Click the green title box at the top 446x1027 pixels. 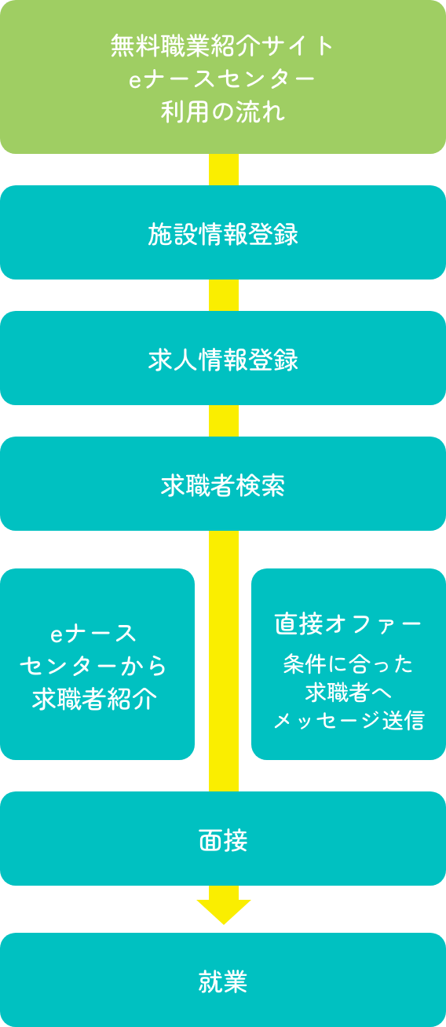click(x=223, y=77)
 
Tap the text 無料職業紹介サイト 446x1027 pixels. click(x=222, y=46)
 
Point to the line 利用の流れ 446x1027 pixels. click(x=223, y=111)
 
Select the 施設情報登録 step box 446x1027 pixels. click(x=223, y=232)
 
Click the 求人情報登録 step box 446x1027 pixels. click(x=223, y=358)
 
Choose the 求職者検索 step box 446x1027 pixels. click(x=223, y=484)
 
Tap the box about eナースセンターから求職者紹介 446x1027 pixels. click(x=97, y=664)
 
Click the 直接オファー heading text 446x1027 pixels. click(x=348, y=624)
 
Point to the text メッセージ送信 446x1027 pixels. click(x=349, y=720)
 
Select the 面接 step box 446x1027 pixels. click(x=223, y=839)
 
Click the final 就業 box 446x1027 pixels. click(x=223, y=980)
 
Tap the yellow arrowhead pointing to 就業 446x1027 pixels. click(x=224, y=911)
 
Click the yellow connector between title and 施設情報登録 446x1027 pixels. click(x=224, y=170)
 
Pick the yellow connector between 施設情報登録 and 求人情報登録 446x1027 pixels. click(x=224, y=295)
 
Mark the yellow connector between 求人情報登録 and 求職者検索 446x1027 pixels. click(x=224, y=421)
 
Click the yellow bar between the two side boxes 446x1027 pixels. click(x=224, y=661)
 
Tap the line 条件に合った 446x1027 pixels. click(x=348, y=664)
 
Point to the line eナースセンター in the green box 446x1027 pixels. click(x=222, y=79)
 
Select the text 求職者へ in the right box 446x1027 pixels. click(x=349, y=693)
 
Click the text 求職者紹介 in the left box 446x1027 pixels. click(x=94, y=699)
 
